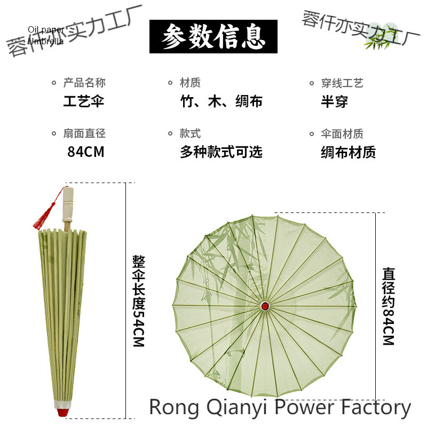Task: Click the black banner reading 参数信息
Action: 213,36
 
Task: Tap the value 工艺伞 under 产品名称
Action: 83,101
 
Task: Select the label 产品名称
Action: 84,83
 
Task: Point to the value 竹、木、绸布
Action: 222,101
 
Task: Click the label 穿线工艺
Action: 342,83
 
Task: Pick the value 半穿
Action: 335,101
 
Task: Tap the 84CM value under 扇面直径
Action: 86,152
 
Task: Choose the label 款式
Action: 191,133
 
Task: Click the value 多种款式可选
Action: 222,152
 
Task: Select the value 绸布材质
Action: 349,152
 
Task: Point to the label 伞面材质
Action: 342,133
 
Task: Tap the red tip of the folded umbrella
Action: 61,411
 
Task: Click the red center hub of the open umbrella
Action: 265,306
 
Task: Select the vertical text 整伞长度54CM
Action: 138,301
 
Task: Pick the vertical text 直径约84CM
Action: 388,305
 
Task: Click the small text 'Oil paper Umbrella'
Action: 46,35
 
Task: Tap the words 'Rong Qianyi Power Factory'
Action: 280,407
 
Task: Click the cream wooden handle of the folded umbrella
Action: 68,205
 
